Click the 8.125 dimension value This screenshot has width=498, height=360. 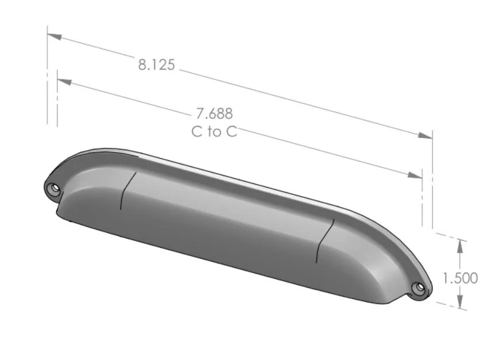click(156, 64)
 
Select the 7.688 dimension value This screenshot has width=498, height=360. click(214, 114)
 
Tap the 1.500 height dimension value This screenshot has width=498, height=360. click(460, 278)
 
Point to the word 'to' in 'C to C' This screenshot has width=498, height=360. click(214, 132)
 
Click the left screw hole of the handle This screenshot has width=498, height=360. click(53, 188)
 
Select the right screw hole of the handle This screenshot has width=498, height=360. click(420, 286)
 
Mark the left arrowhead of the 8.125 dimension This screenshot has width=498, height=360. click(55, 37)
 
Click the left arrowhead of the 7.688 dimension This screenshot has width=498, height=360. click(65, 82)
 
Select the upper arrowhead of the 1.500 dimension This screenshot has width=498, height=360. click(459, 244)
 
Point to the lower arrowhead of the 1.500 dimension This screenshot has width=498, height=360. click(459, 302)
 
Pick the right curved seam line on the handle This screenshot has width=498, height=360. click(324, 240)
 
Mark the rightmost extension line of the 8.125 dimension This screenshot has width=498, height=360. click(432, 178)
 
